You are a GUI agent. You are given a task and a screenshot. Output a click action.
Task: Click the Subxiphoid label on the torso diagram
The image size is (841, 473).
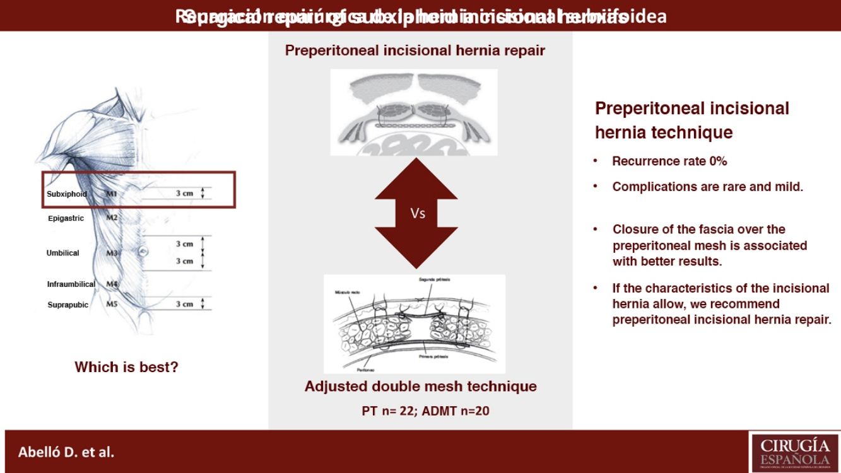(67, 194)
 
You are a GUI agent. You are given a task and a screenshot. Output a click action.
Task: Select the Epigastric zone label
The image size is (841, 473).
(66, 219)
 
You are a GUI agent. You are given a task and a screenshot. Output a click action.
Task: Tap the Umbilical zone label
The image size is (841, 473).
(63, 253)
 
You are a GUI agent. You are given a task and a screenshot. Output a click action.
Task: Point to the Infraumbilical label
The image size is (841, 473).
(71, 284)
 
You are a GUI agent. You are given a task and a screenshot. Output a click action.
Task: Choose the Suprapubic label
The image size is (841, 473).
(68, 305)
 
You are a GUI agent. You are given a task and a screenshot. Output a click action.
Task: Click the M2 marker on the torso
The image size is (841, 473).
(112, 218)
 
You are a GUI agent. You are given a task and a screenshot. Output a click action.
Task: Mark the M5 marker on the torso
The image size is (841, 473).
(112, 305)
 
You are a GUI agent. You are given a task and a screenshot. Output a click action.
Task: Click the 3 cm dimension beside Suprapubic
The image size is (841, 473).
(184, 304)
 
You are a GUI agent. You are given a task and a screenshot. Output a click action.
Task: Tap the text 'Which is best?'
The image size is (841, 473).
(126, 366)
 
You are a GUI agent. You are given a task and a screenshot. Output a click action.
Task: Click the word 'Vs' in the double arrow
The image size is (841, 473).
(418, 213)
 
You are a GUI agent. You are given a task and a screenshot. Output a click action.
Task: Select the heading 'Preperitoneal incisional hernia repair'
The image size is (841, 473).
(415, 50)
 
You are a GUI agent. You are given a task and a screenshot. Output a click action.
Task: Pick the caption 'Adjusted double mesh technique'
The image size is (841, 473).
(420, 386)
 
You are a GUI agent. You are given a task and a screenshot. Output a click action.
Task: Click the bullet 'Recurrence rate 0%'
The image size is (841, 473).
(669, 161)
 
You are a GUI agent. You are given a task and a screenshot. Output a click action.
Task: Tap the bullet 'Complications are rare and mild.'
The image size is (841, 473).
(707, 187)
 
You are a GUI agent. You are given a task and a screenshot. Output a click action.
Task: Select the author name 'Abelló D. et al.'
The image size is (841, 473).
(66, 452)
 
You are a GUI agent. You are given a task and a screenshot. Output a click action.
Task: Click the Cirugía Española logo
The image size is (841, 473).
(794, 451)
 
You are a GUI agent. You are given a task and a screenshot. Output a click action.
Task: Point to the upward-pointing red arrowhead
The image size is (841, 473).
(416, 177)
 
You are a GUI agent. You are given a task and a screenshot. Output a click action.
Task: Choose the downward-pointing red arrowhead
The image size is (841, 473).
(416, 249)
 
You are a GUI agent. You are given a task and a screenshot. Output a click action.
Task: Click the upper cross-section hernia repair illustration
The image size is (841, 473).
(415, 112)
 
